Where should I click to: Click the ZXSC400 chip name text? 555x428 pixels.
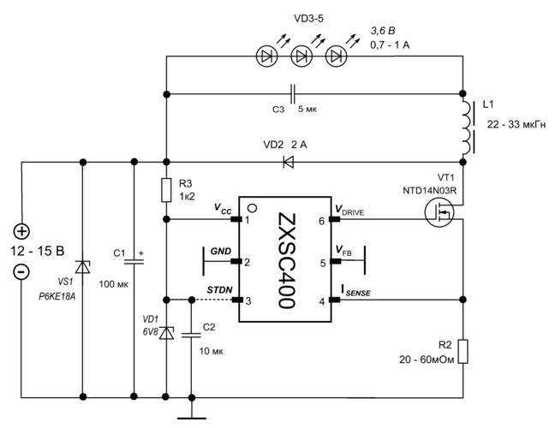(x=284, y=260)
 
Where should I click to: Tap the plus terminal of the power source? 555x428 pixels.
(x=21, y=231)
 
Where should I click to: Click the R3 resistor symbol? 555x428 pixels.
(x=165, y=190)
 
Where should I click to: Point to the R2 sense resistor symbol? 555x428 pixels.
(x=463, y=351)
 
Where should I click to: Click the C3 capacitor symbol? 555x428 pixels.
(x=294, y=92)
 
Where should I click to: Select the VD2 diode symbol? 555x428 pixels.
(x=288, y=160)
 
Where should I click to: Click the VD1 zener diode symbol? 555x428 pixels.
(x=165, y=332)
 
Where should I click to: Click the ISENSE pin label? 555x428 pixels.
(x=355, y=292)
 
